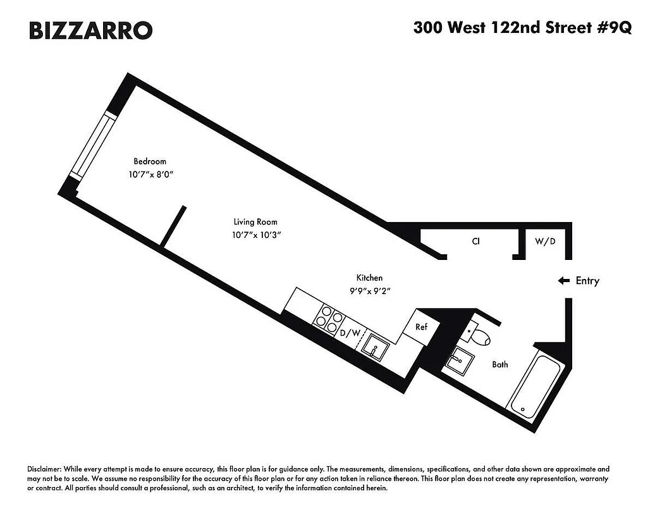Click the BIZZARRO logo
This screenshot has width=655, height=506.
click(x=90, y=30)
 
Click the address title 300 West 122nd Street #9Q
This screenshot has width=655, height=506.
click(x=522, y=28)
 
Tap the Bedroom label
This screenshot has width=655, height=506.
click(x=150, y=161)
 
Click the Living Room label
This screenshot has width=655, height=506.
click(x=255, y=222)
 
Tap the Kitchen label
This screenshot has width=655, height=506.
click(x=369, y=278)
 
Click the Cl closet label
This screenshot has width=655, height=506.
click(x=476, y=241)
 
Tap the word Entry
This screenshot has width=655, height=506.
click(x=587, y=281)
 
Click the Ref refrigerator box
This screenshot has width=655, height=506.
click(x=422, y=327)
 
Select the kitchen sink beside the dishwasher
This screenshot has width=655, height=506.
click(x=377, y=349)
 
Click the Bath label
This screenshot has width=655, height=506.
click(x=500, y=364)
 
